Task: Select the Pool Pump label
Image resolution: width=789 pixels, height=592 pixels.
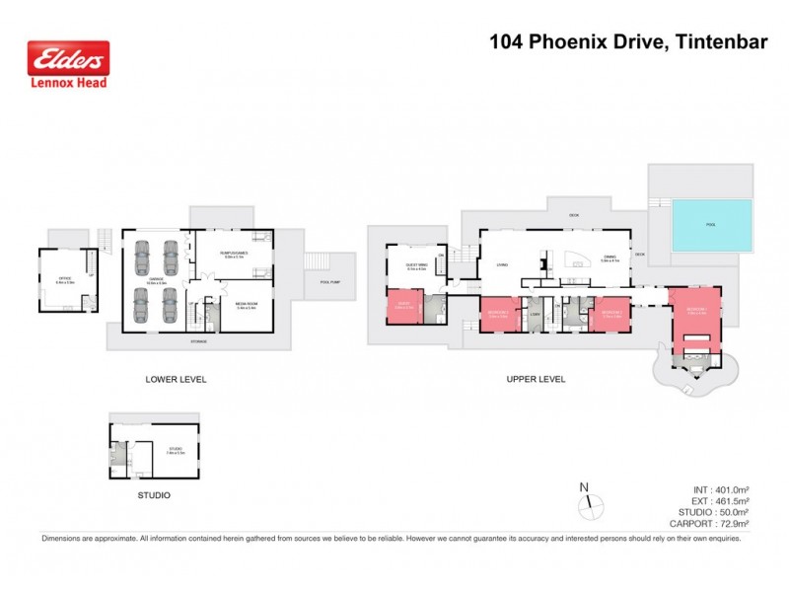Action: [x=330, y=282]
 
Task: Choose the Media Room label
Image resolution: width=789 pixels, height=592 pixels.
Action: [x=247, y=306]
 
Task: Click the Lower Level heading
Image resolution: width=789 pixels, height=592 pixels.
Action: [x=176, y=379]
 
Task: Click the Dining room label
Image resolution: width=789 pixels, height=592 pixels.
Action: [x=610, y=259]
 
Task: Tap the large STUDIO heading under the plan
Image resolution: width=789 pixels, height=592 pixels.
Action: [x=154, y=494]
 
